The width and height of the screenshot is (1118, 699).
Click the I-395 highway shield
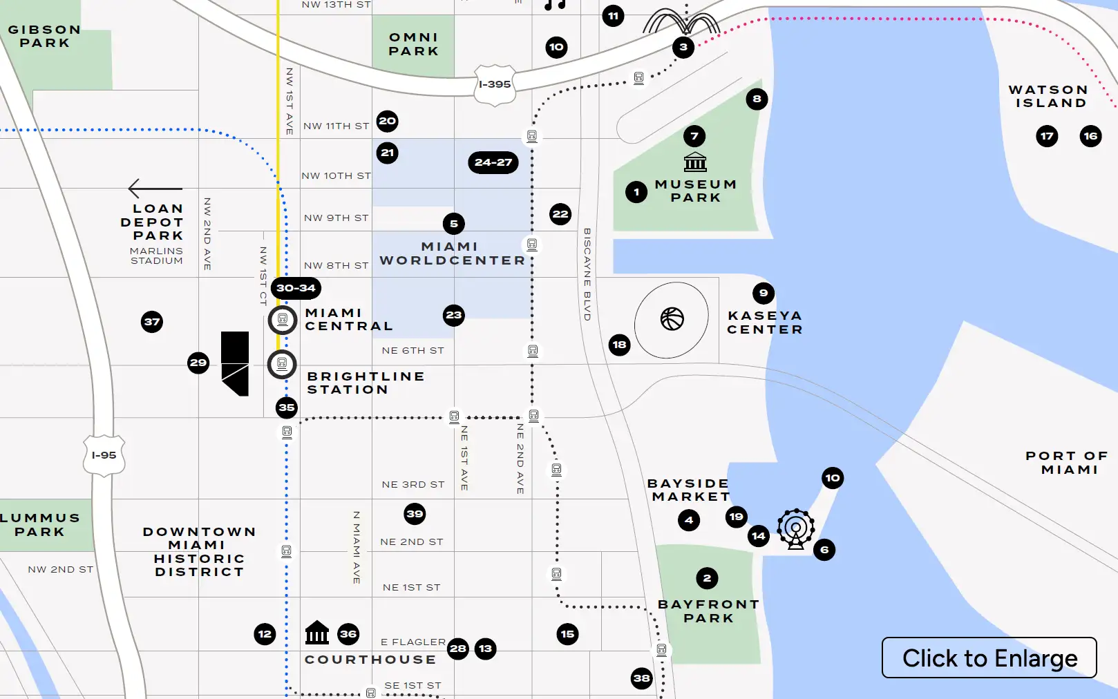coord(495,84)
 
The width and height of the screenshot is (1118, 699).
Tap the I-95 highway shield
coord(104,455)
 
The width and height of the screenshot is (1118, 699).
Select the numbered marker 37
coord(152,322)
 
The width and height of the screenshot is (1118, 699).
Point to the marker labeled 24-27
coord(493,162)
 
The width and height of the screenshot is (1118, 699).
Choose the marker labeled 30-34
coord(296,288)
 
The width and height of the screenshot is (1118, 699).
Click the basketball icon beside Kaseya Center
coord(672,319)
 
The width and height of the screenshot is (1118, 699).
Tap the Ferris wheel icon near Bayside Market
coord(796,529)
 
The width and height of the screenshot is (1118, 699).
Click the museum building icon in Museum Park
coord(695,162)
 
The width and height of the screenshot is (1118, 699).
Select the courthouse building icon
coord(317,632)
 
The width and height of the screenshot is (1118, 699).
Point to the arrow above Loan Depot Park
coord(155,189)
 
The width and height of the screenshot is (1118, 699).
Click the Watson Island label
coord(1048,96)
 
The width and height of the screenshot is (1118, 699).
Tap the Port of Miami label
coord(1068,463)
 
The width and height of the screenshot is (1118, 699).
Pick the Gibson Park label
coord(44,36)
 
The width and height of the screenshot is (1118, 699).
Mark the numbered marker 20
coord(388,122)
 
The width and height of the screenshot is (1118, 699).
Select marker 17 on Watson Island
coord(1047,136)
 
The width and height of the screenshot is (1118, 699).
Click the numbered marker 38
coord(642,678)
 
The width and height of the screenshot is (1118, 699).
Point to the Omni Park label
coord(413,44)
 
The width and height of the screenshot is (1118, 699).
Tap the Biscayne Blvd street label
coord(587,274)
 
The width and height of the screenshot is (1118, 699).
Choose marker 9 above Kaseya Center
coord(763,293)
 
